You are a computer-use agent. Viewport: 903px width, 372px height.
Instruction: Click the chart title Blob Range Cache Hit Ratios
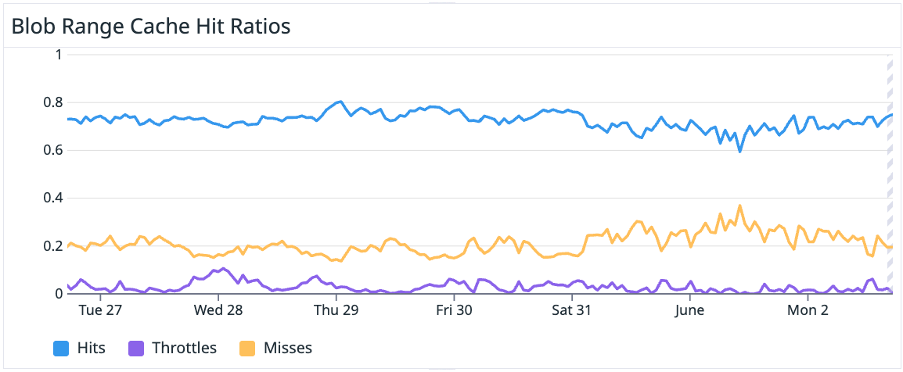150,26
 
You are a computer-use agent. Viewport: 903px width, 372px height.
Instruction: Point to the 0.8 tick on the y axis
52,102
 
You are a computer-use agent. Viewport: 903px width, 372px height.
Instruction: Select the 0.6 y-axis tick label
52,150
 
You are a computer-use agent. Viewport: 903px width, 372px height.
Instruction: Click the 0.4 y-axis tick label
52,199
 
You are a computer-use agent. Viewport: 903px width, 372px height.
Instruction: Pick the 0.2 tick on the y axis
52,246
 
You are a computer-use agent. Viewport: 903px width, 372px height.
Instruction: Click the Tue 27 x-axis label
101,310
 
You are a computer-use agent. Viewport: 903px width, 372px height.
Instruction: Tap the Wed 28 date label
218,310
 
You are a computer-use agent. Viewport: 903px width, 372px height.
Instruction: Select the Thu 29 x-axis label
336,310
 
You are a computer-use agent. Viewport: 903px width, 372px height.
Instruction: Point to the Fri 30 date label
455,310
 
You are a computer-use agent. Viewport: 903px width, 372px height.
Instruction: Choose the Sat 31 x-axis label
572,310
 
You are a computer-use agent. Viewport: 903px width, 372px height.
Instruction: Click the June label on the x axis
690,310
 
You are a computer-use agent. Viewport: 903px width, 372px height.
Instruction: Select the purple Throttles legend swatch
136,348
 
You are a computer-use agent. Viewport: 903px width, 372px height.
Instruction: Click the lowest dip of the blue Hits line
739,151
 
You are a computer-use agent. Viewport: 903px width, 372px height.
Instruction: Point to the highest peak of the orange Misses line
739,206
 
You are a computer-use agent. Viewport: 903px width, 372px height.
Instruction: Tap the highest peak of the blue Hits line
340,102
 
